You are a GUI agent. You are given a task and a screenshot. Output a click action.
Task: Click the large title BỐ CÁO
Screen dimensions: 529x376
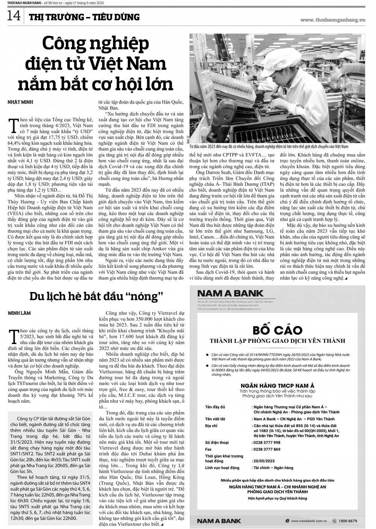coord(277,330)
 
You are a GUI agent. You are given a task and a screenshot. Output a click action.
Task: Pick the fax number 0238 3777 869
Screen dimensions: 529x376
coord(266,449)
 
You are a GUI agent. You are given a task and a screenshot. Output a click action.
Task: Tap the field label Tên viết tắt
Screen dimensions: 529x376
coord(215,419)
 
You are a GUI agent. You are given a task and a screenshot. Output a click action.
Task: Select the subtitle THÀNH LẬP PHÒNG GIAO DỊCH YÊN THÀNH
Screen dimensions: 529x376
coord(277,341)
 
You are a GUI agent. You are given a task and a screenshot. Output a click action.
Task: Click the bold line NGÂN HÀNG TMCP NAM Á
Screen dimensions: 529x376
coord(277,386)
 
